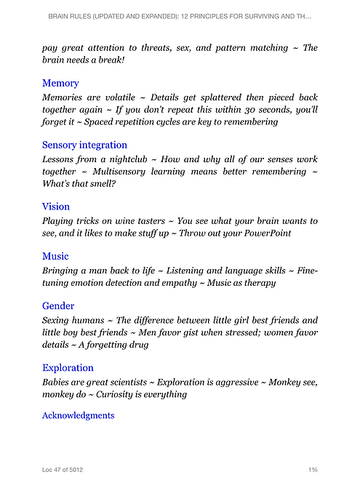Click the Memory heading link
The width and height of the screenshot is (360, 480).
click(60, 84)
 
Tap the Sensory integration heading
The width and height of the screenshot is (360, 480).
click(84, 145)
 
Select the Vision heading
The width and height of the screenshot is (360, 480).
click(56, 207)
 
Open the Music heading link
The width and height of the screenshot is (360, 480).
click(55, 256)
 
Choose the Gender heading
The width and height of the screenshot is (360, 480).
click(58, 306)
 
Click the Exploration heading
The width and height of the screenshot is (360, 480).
click(68, 367)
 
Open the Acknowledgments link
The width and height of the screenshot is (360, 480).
click(78, 415)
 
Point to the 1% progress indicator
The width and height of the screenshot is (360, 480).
click(312, 470)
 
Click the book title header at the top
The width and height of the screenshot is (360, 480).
click(180, 15)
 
